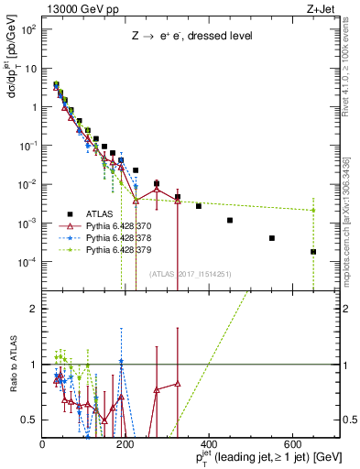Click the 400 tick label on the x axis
click(209, 442)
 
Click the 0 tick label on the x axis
click(42, 442)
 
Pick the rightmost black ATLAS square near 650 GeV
click(313, 252)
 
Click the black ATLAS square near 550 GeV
click(272, 238)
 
